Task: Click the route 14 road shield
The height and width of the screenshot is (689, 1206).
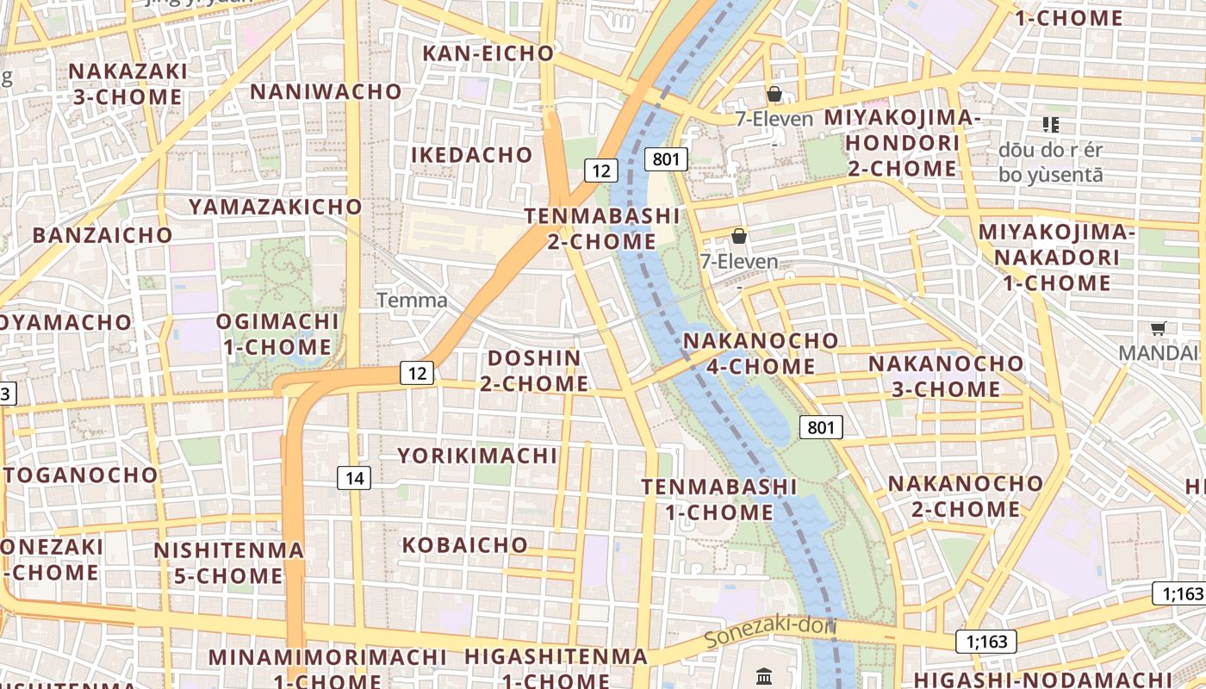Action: [354, 478]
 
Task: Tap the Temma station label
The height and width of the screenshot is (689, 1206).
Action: [413, 301]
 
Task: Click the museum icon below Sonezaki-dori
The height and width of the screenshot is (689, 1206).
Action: [764, 676]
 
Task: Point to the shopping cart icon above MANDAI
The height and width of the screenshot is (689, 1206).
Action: [1159, 328]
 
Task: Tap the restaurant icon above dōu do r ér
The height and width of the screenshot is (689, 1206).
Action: [1050, 125]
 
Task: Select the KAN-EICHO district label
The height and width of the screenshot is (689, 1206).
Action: [488, 53]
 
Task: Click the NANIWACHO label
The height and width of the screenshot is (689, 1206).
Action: [326, 91]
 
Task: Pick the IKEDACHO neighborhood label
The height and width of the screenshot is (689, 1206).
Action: [472, 155]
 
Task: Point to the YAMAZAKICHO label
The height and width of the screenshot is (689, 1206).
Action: [276, 207]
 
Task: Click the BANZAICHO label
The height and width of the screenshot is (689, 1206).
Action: [103, 234]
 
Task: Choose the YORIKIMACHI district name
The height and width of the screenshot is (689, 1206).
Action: [477, 455]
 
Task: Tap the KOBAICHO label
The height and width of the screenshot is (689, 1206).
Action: [465, 544]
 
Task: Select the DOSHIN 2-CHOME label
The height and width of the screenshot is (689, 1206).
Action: [534, 370]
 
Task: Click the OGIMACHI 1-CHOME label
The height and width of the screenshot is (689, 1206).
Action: [277, 334]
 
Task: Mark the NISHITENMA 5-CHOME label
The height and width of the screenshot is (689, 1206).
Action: [229, 562]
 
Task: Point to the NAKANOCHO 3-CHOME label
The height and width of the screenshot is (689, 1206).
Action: [946, 376]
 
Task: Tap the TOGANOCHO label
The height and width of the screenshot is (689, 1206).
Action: [81, 475]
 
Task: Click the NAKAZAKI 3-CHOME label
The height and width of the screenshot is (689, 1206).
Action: [127, 84]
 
